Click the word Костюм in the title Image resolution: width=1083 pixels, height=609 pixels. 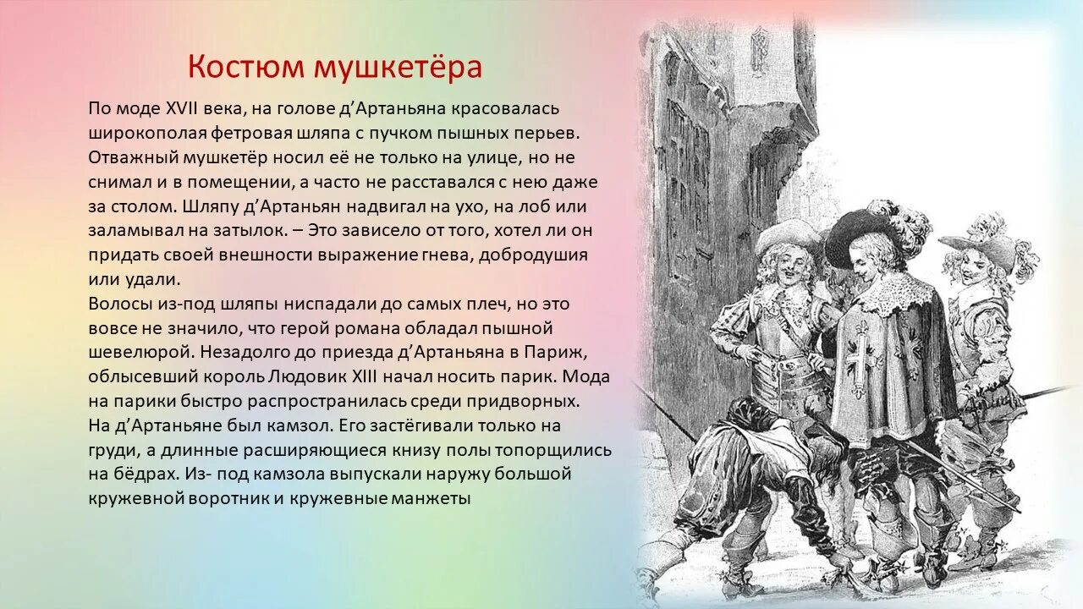(246, 67)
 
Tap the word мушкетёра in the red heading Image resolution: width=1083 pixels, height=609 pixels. (398, 67)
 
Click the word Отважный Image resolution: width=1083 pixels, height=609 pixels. (130, 158)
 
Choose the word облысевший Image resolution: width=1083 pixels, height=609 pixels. (143, 376)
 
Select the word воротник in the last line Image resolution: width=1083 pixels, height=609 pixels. (227, 498)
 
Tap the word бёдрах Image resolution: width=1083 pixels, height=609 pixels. (143, 474)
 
